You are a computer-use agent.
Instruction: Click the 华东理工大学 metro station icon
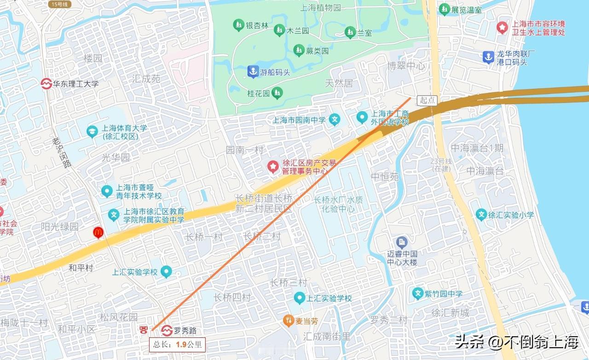46,84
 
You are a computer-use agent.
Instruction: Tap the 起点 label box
427,100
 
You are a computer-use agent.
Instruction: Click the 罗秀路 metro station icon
167,330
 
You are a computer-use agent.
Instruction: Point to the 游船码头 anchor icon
253,72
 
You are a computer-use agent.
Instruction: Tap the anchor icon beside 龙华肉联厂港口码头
488,57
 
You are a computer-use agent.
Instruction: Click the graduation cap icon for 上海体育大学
92,131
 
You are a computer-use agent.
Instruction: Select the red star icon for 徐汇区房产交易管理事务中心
273,167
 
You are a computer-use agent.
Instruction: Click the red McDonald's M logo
98,233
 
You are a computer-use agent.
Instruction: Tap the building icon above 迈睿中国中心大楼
402,242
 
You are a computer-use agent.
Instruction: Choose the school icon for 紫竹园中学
418,293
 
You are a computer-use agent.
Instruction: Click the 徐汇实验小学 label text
511,215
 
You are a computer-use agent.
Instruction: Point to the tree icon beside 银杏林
238,25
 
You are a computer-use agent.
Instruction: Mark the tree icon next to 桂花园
277,93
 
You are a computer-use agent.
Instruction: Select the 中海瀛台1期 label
477,148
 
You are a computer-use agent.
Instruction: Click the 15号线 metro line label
60,4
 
